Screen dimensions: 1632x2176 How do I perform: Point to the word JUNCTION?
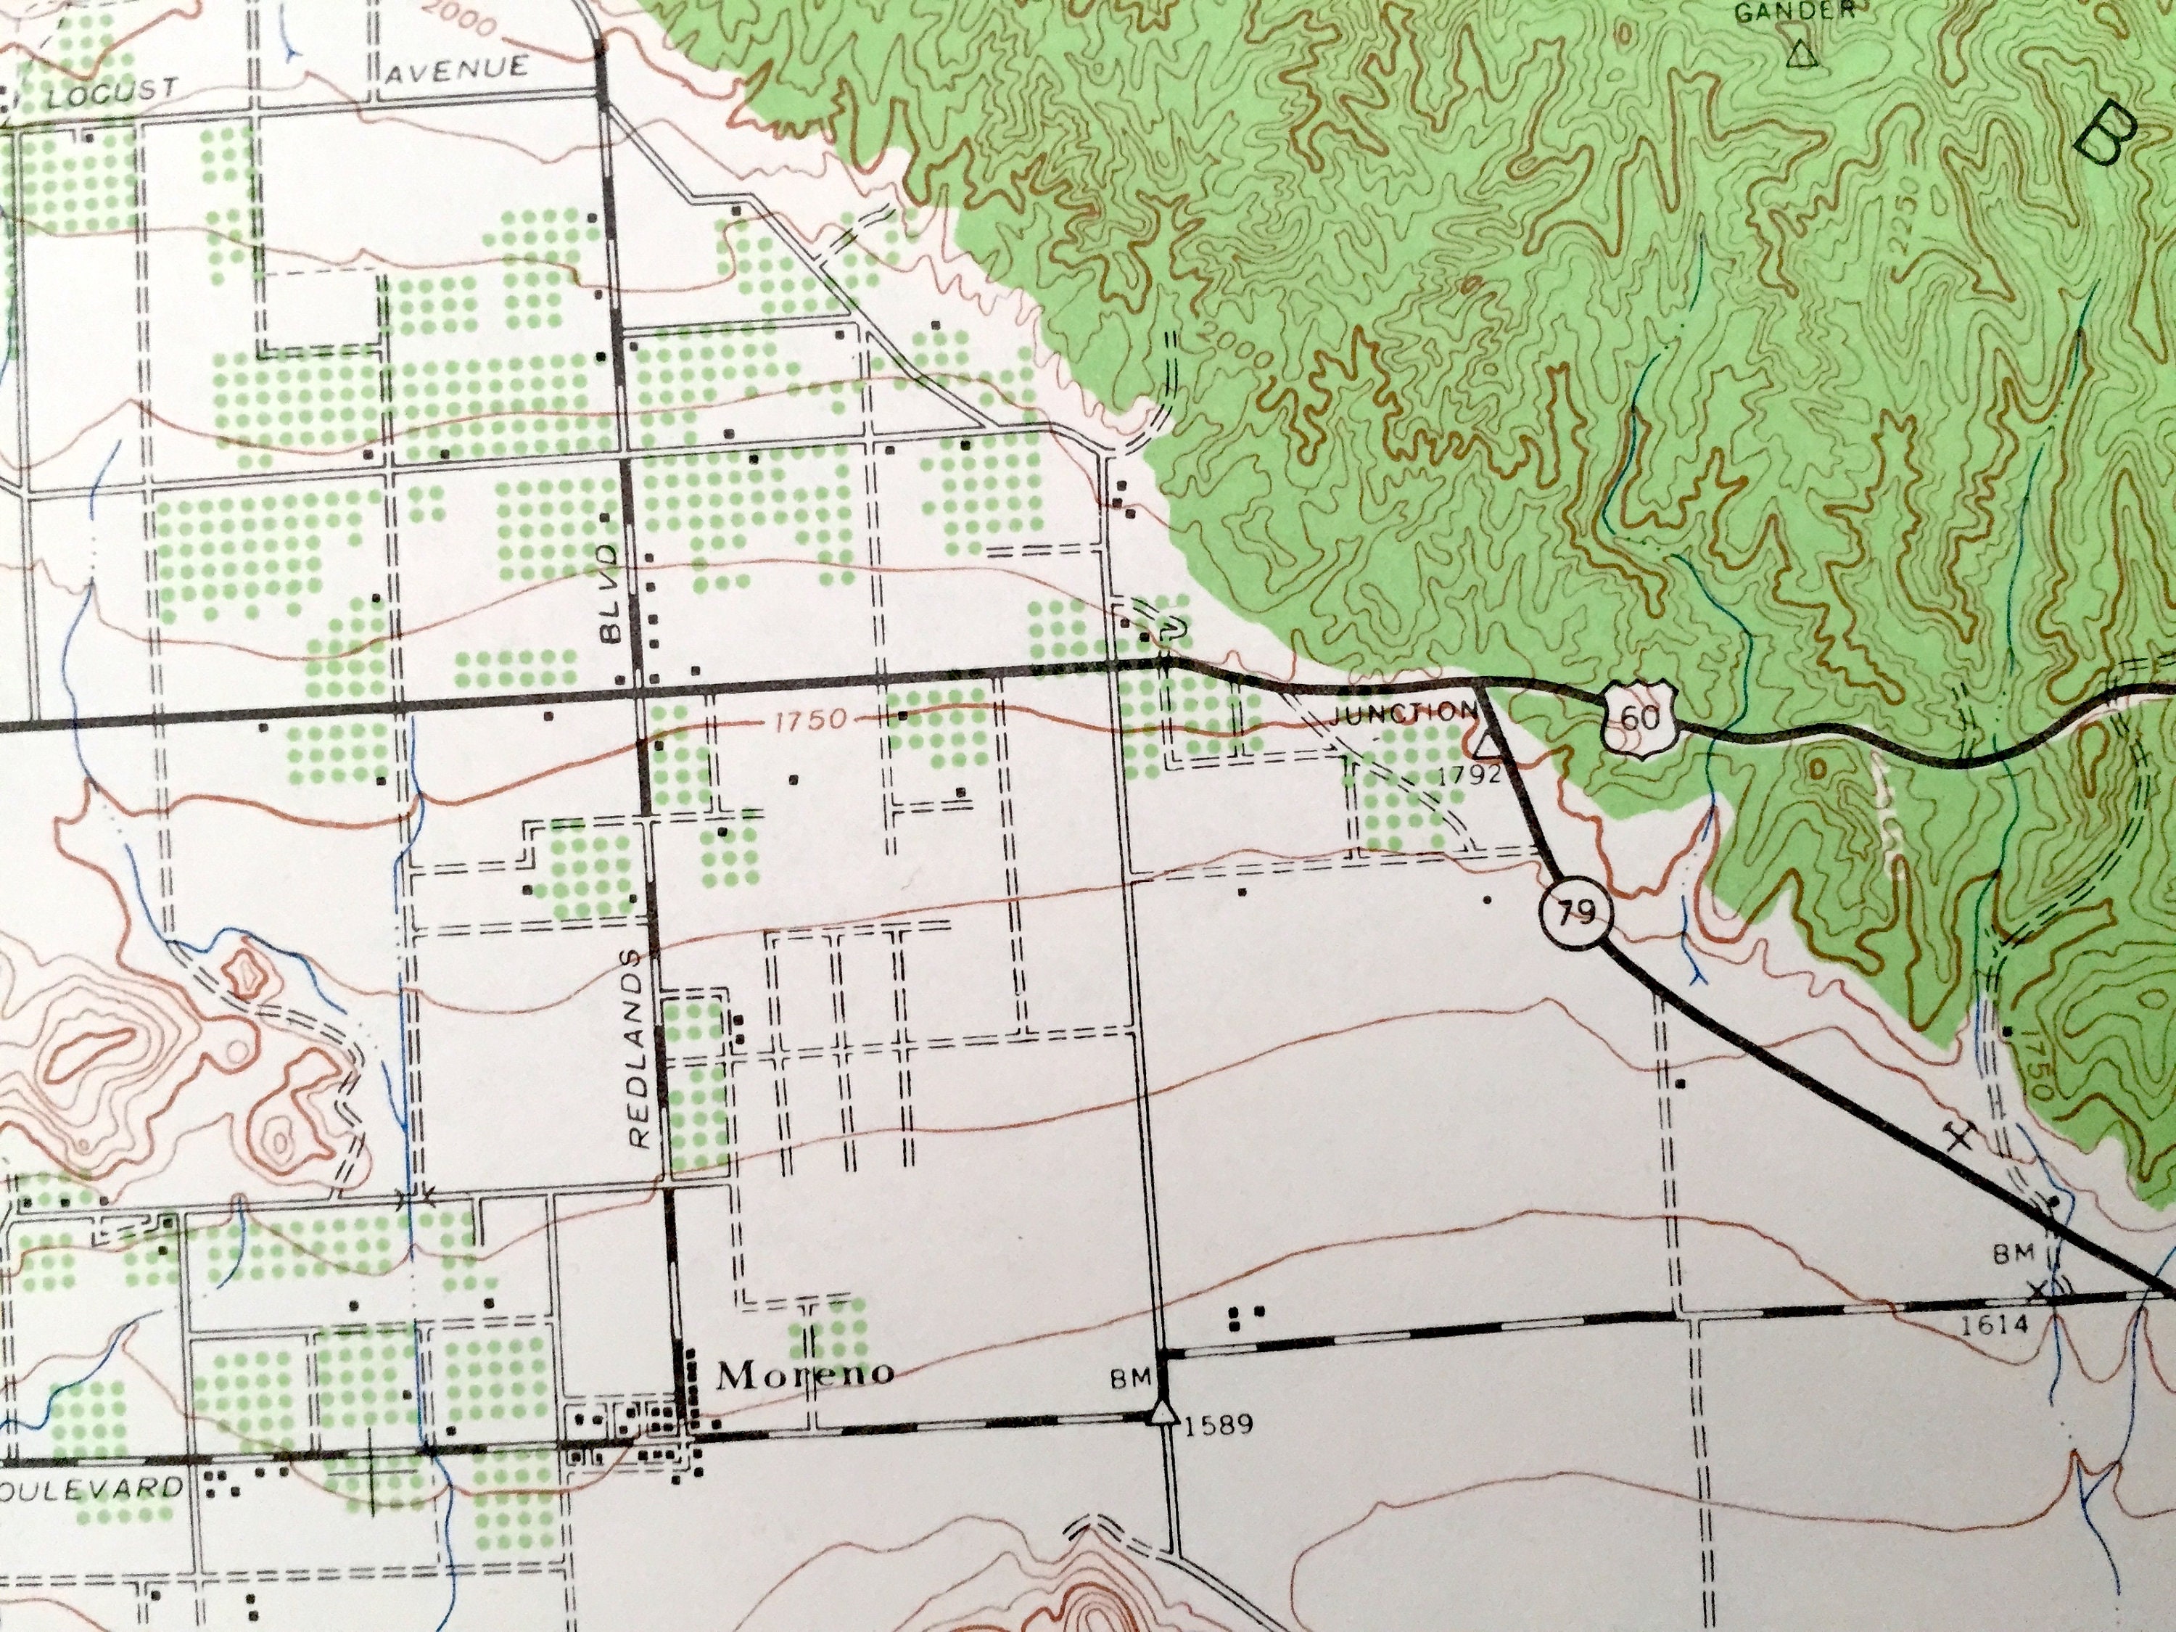[x=1402, y=716]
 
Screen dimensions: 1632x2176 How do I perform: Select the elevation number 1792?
[x=1469, y=774]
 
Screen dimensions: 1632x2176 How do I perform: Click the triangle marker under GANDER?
[x=1801, y=54]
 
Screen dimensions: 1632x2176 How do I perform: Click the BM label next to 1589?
[x=1130, y=1381]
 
